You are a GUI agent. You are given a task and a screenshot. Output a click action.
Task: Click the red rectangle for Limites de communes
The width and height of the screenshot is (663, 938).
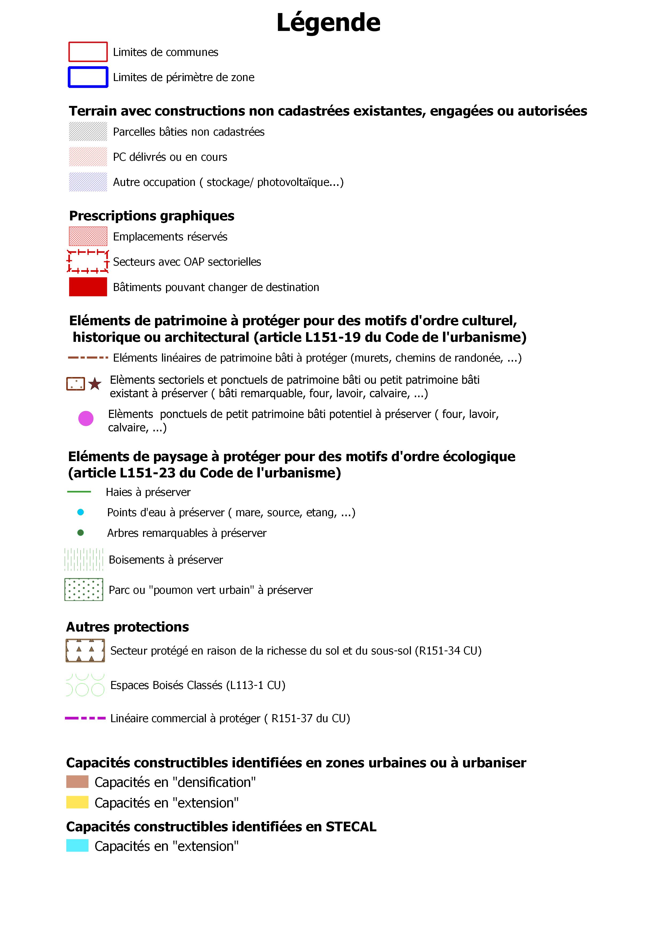[x=88, y=52]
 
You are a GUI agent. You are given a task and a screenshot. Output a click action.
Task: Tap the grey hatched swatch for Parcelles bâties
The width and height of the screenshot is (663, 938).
[x=88, y=132]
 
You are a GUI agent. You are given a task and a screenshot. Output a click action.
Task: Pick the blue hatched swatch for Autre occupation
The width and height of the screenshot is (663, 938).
[x=88, y=182]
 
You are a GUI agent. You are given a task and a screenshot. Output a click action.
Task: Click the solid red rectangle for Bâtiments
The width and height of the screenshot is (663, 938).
[x=88, y=287]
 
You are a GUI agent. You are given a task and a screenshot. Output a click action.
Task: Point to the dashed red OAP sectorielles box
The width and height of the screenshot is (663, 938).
[x=88, y=262]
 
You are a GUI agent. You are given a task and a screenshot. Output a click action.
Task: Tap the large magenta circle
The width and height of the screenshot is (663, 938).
[x=86, y=418]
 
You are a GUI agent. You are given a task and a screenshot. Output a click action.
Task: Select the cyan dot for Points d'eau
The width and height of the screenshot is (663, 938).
[x=80, y=512]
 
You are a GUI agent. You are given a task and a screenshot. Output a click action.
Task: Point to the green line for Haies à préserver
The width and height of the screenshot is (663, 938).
[x=79, y=492]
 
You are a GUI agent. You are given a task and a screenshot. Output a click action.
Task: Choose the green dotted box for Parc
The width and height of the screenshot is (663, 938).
[x=84, y=589]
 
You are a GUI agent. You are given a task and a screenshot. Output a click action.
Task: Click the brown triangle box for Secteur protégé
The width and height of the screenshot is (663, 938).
[x=85, y=650]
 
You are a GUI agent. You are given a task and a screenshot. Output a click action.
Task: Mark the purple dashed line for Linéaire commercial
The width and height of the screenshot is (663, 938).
[x=85, y=718]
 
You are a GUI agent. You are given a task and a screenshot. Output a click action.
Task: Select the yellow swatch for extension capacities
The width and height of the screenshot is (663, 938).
[x=77, y=802]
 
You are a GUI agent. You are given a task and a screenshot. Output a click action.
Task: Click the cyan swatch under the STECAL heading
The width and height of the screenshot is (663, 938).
[x=77, y=846]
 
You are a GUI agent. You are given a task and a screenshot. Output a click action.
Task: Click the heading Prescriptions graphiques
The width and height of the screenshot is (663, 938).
[x=152, y=216]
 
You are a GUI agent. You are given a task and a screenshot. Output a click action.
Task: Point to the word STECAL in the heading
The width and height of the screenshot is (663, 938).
[x=351, y=826]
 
